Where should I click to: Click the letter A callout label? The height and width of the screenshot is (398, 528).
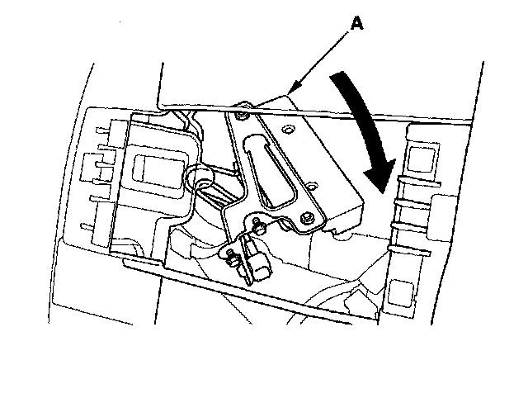click(358, 26)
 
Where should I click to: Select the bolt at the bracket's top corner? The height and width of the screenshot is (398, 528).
click(240, 117)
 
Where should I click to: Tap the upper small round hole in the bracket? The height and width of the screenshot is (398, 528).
click(288, 130)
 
